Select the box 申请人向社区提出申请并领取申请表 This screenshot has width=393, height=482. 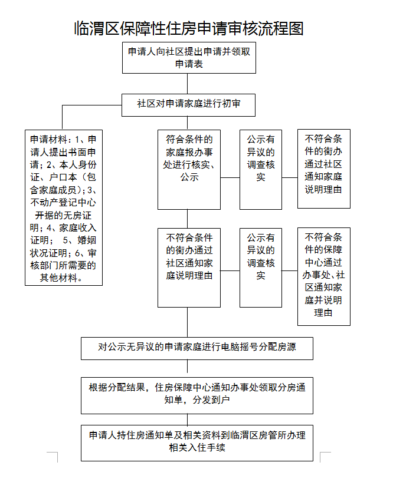click(189, 57)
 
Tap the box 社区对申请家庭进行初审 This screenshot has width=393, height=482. click(189, 104)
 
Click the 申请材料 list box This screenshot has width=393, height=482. click(64, 208)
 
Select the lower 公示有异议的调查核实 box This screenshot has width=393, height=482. click(261, 267)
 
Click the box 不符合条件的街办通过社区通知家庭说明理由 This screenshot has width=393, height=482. click(323, 169)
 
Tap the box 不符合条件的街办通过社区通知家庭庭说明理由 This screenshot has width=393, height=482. click(189, 267)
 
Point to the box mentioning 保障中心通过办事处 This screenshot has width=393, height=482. click(323, 276)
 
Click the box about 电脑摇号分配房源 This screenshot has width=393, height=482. click(196, 348)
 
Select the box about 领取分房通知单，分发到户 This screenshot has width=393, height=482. click(196, 395)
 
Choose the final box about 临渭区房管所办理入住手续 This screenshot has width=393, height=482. click(196, 442)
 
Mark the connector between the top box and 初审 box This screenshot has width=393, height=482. click(189, 83)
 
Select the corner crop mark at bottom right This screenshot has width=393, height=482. click(324, 457)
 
